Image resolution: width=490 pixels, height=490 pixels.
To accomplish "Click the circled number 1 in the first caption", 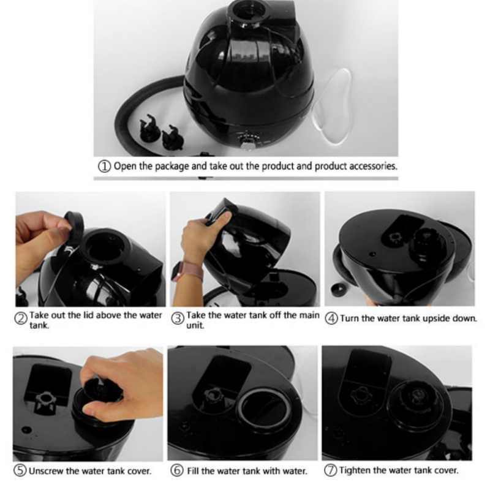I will point(104,166).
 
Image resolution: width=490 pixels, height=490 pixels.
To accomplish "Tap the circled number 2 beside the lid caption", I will point(21,318).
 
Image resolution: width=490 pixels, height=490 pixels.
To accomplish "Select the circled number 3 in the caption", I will point(178,318).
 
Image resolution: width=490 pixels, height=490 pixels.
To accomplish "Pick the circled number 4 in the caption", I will point(331,319).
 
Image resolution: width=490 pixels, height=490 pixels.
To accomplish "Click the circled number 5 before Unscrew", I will point(21,471).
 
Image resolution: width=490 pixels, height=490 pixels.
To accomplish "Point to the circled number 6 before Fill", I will point(176,471).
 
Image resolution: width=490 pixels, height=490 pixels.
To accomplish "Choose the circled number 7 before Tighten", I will point(331,471).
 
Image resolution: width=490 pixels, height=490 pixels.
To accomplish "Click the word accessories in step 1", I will point(373,166).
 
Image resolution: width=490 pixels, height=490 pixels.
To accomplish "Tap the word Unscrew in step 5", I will point(47,471).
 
